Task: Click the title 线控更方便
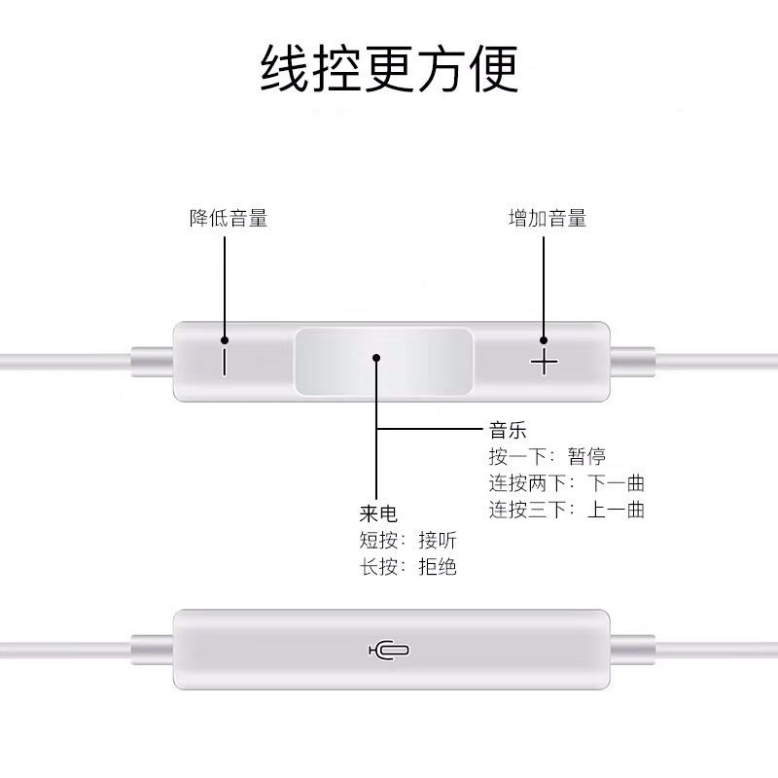point(389,68)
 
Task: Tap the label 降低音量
point(228,219)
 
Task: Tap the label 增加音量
point(548,219)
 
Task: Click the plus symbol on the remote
point(545,364)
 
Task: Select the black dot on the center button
point(376,357)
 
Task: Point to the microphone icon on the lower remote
point(388,650)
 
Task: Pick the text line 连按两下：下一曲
point(567,483)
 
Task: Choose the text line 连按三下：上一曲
point(567,510)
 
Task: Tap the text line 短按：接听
point(408,541)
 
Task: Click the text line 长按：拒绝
point(408,567)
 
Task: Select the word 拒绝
point(438,567)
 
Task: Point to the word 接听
point(438,541)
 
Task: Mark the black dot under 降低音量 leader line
point(225,340)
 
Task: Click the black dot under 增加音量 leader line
point(545,340)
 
